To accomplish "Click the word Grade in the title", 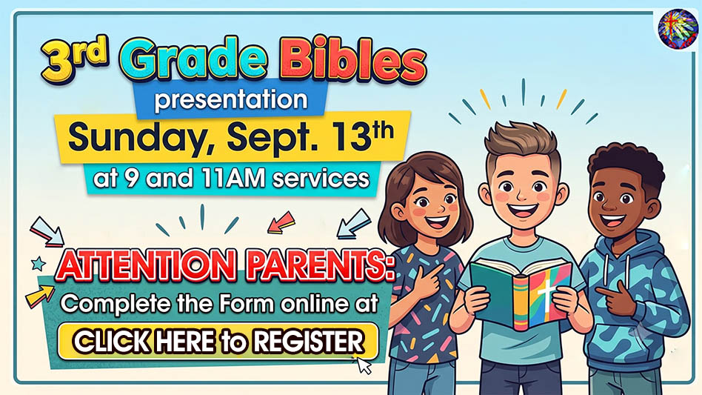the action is [193, 59].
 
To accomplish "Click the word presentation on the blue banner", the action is [231, 100].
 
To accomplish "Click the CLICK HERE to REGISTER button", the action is [218, 341].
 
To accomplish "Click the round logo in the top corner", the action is [678, 29].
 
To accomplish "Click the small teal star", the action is [39, 263].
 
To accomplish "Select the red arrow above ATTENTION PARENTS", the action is [281, 222].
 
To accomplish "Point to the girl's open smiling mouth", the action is [436, 221].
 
